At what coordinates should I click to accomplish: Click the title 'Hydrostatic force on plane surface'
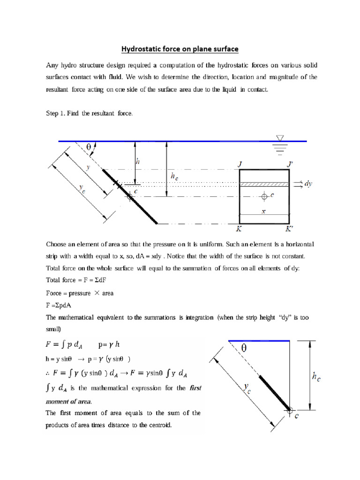coord(180,48)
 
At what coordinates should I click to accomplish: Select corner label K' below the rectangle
coord(291,229)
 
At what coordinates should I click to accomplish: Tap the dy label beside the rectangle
coord(308,184)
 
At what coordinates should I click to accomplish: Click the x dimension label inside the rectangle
coord(263,211)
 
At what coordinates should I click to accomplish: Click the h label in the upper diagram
coord(137,161)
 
